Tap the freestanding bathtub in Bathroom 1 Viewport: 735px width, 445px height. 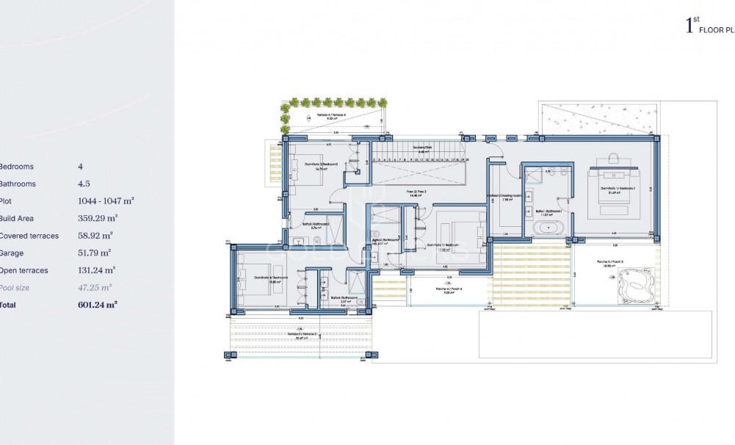coord(550,228)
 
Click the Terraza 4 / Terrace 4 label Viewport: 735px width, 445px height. coord(330,116)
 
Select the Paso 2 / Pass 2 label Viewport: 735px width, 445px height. coord(417,192)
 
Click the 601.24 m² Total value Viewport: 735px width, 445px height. coord(98,304)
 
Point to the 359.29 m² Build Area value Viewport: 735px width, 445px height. coord(98,218)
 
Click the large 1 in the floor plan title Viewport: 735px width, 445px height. coord(689,27)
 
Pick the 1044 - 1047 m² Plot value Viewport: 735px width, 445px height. coord(106,201)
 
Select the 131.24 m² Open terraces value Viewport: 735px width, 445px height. coord(98,270)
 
